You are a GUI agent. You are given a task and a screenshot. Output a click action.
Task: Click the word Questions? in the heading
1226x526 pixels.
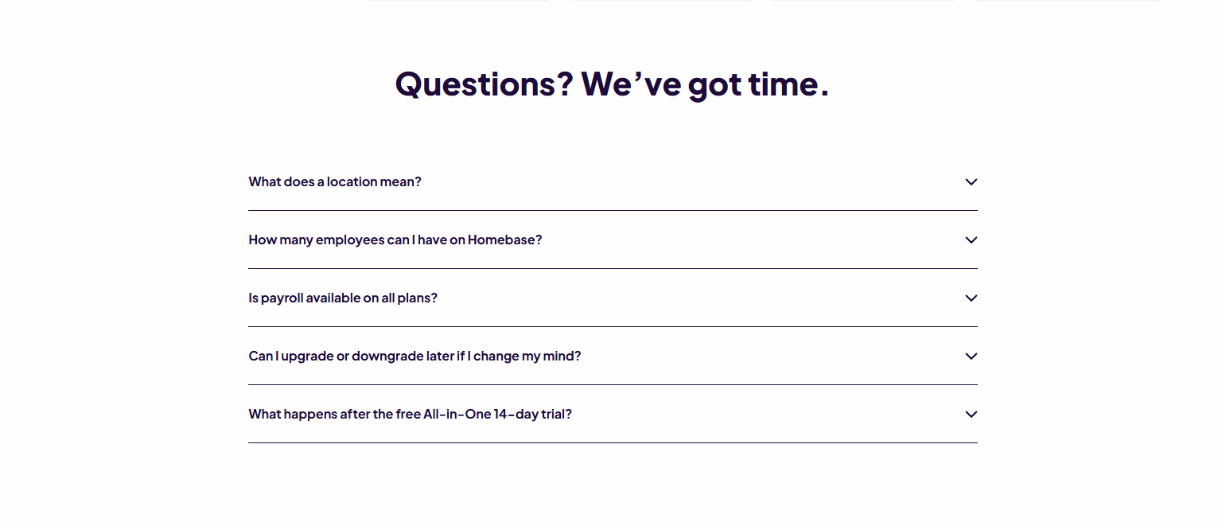pos(484,84)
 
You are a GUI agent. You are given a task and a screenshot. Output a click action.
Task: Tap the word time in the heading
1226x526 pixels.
pos(783,84)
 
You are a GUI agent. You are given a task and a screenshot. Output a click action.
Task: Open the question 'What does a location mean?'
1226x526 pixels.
pos(335,181)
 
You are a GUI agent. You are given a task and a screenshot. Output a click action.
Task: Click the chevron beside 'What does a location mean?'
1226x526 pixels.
pos(971,181)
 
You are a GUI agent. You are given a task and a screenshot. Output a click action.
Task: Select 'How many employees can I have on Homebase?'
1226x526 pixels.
pos(395,240)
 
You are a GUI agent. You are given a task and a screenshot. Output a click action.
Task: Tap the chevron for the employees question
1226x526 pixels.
pos(971,240)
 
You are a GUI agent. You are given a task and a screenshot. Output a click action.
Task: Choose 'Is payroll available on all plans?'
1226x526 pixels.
pos(343,298)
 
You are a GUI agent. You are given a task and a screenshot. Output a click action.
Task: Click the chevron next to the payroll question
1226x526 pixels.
pos(971,298)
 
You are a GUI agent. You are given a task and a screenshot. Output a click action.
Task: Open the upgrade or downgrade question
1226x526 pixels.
pos(415,356)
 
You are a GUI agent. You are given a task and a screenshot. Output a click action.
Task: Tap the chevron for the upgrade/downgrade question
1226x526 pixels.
pos(971,356)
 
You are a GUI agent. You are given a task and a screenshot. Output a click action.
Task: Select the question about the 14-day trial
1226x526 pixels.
pos(410,414)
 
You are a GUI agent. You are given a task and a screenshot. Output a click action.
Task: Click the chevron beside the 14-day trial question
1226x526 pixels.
pos(971,414)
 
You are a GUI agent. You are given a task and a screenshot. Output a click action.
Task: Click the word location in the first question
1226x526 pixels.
pos(352,181)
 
